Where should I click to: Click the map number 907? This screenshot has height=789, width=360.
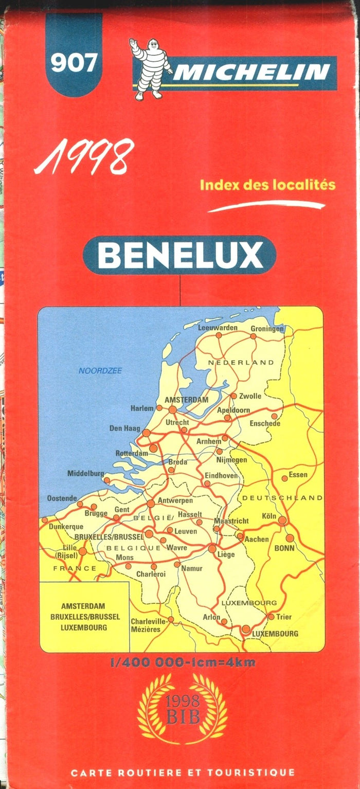coord(73,63)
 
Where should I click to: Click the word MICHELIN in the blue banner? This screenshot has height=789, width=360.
coord(250,73)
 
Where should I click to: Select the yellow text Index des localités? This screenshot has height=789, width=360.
coord(267,184)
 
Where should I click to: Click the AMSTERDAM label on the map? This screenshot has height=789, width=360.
coord(186,400)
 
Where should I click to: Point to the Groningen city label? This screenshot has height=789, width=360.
coord(267,329)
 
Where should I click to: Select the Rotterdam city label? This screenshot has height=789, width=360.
coord(132,453)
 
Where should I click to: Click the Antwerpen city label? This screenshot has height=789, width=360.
coord(175,500)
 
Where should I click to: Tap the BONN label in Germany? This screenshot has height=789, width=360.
coord(284,549)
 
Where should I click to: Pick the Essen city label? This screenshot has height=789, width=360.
coord(298,475)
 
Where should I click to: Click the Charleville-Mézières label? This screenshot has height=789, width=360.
coord(149,625)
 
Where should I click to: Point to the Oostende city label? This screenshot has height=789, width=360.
coord(62,498)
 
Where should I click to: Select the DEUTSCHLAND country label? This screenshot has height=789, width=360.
coord(282,498)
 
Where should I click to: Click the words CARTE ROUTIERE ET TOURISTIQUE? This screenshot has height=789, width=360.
coord(183,773)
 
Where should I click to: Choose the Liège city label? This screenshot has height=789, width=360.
coord(226,555)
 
